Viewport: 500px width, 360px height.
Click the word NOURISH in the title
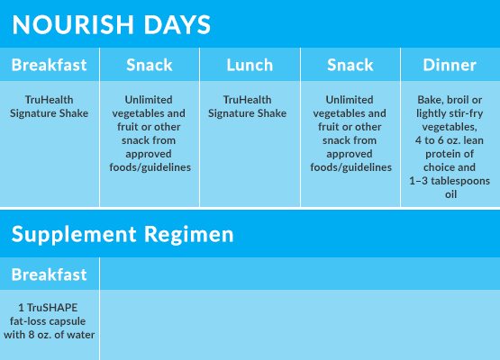coord(73,24)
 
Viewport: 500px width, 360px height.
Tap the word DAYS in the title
coord(177,24)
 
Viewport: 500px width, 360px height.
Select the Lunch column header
coord(250,65)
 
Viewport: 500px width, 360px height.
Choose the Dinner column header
coord(450,65)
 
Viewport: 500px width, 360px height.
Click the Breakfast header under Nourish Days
coord(50,65)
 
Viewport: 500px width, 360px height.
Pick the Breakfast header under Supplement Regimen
coord(50,274)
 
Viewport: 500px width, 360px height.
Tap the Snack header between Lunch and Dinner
coord(350,65)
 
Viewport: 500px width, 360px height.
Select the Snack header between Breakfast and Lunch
coord(150,65)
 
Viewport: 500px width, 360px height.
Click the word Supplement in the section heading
coord(74,236)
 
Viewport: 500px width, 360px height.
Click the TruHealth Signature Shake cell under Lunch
coord(248,106)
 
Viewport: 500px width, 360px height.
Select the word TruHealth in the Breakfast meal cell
coord(50,100)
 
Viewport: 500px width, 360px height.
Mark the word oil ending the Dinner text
coord(450,194)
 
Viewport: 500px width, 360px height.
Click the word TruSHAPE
coord(52,308)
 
